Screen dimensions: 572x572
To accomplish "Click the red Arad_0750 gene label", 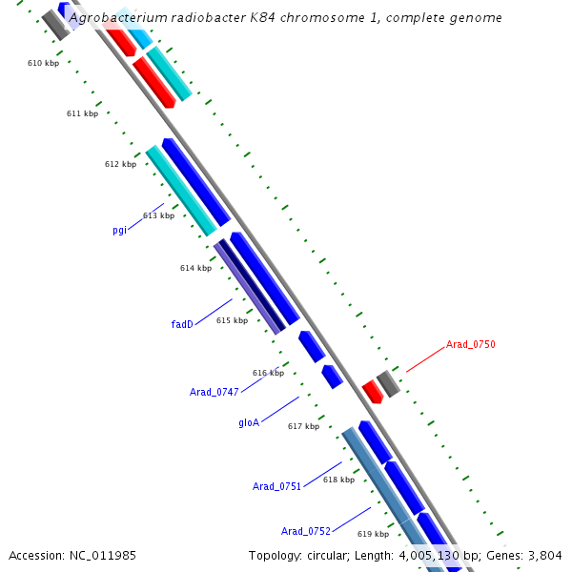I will (x=470, y=345).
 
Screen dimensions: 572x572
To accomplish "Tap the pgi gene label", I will (x=119, y=230).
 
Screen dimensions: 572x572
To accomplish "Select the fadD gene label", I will (x=182, y=324).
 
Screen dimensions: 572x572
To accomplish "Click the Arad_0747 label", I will (x=214, y=392).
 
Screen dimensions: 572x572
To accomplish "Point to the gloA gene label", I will (x=249, y=422).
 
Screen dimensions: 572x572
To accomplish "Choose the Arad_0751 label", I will (x=276, y=486).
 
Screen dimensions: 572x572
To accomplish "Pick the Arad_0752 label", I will (x=305, y=531).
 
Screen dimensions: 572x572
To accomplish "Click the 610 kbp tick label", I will (x=43, y=63).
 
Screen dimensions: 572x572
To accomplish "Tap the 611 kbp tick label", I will (x=82, y=113).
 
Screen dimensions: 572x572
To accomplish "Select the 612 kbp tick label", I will (x=120, y=164).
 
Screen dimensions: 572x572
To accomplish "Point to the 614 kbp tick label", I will (x=195, y=268).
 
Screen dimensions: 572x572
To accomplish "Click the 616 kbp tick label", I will (x=268, y=373).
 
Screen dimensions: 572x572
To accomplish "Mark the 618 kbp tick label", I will (x=338, y=480).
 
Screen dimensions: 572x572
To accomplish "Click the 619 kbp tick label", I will (x=374, y=534).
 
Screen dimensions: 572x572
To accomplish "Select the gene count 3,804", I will (x=545, y=555).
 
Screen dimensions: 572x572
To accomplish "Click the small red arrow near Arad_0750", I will (x=372, y=391).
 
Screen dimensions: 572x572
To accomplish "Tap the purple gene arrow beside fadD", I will (x=249, y=287).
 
